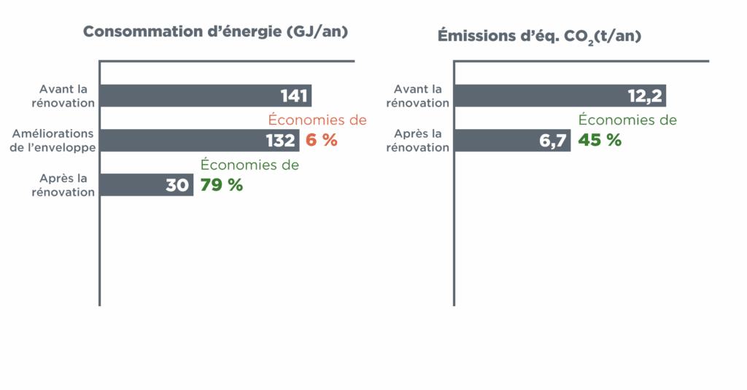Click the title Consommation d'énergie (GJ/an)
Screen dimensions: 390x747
pos(215,32)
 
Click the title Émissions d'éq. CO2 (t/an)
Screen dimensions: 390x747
pos(539,36)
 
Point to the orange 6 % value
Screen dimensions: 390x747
pos(321,140)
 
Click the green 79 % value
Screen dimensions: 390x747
pos(222,185)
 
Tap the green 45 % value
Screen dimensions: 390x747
pos(600,140)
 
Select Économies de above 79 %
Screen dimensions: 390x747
pos(249,165)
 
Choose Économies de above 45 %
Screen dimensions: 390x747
pos(627,120)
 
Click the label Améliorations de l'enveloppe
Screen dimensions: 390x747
pos(53,140)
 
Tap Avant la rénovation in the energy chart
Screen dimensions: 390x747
pos(63,95)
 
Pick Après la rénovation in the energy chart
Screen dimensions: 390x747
pos(63,185)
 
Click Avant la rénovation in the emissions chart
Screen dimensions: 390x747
pos(418,95)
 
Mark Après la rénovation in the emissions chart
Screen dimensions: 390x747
pos(418,140)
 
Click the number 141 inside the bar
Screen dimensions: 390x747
pos(294,95)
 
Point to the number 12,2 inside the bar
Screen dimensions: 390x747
pos(644,95)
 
